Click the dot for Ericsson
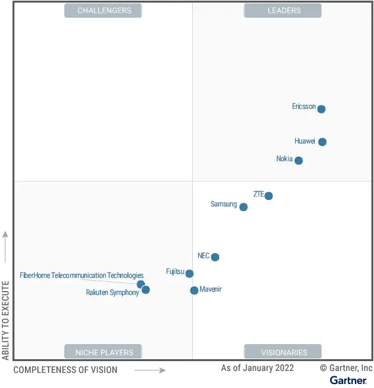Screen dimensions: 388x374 [322, 109]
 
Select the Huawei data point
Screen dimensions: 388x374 [322, 142]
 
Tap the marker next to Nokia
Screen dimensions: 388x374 [299, 161]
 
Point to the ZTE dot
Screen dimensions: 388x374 [268, 196]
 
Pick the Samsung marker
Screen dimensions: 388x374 [243, 207]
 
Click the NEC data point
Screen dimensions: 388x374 [215, 257]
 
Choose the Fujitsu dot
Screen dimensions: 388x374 [190, 273]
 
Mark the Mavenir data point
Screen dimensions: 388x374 [194, 290]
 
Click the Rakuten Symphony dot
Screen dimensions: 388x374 [146, 290]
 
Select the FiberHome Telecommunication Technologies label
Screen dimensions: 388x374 [81, 276]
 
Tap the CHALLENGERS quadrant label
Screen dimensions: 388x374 [104, 10]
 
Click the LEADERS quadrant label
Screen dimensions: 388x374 [283, 10]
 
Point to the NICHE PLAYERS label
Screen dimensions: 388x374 [104, 352]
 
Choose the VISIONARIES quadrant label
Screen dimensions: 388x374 [283, 352]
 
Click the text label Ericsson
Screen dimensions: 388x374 [304, 106]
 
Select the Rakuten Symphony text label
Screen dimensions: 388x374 [112, 293]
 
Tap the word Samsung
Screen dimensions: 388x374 [224, 204]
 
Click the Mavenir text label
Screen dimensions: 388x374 [211, 289]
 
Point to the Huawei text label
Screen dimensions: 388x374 [305, 141]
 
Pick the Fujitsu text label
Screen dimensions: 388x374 [175, 271]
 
